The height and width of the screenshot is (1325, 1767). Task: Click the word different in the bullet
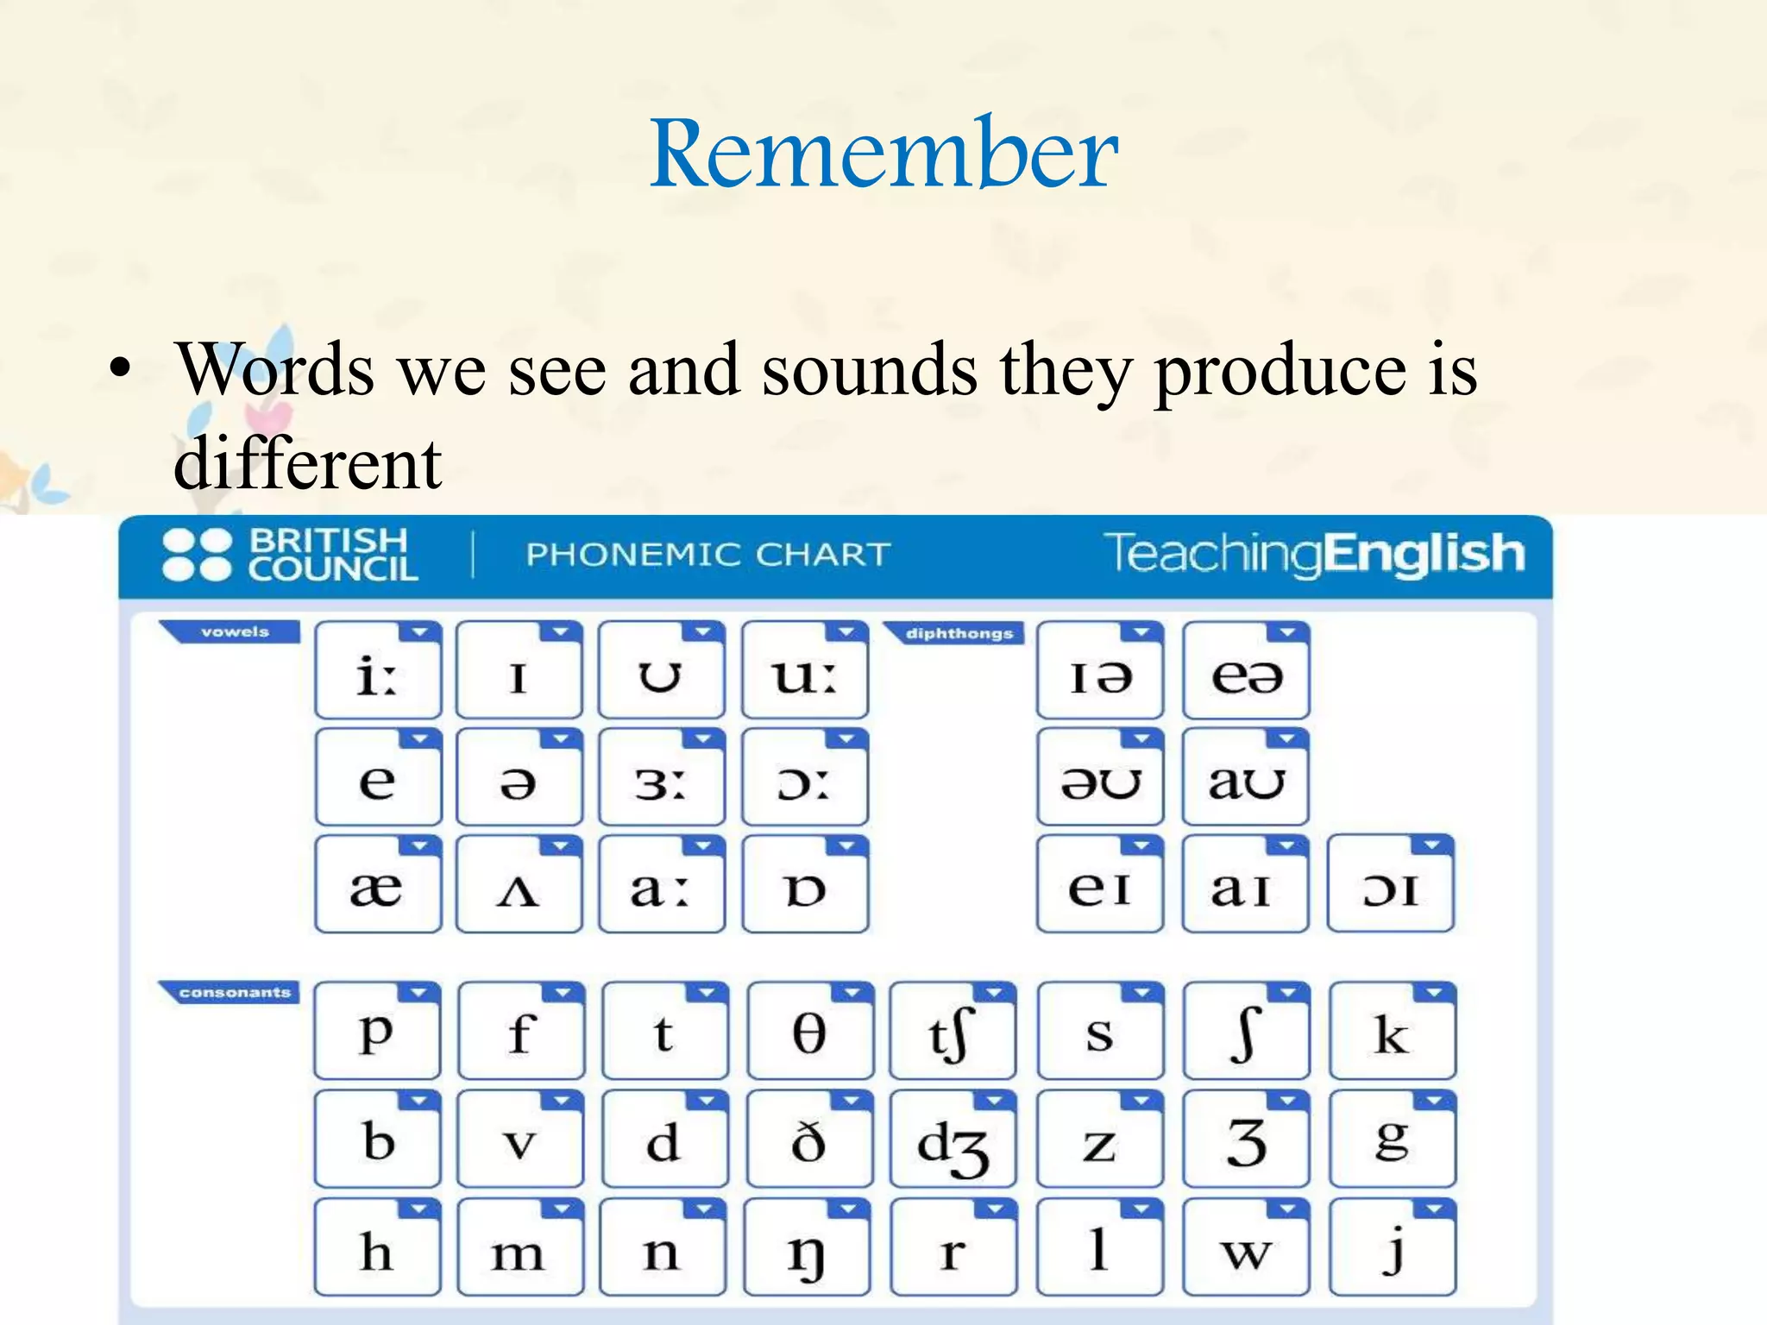pyautogui.click(x=308, y=463)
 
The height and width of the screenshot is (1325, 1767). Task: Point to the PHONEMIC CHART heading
pyautogui.click(x=707, y=555)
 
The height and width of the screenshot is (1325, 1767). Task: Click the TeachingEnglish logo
pyautogui.click(x=1313, y=554)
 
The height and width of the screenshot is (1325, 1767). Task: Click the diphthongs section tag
pyautogui.click(x=958, y=634)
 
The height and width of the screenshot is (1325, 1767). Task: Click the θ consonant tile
pyautogui.click(x=809, y=1032)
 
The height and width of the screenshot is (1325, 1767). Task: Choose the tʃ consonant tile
pyautogui.click(x=953, y=1032)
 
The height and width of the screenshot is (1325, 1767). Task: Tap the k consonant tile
pyautogui.click(x=1392, y=1032)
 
